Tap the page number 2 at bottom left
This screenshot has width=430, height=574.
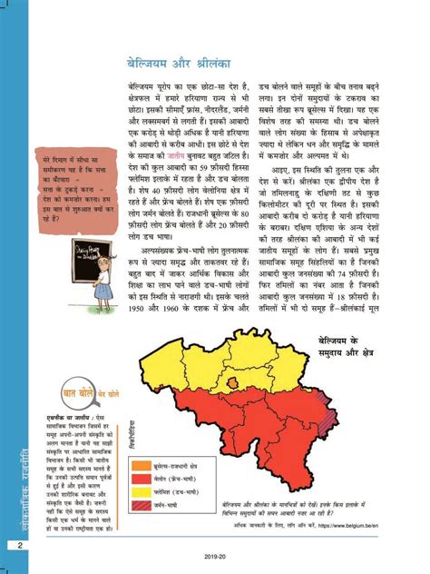click(x=18, y=544)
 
